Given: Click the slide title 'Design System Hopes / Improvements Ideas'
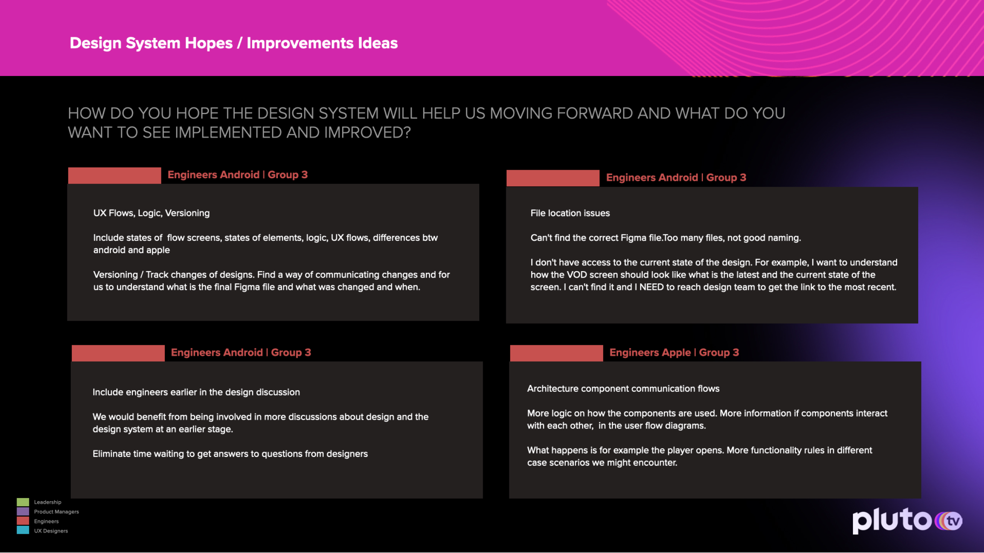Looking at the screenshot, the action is [234, 43].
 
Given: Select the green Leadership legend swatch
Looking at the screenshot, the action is [23, 502].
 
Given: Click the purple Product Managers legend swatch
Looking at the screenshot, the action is [23, 512].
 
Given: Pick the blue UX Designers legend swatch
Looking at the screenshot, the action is [23, 530].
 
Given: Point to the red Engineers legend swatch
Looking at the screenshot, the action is [23, 521].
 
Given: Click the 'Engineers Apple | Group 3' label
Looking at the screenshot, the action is [674, 353].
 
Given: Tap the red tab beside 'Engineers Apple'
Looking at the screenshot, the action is [557, 353].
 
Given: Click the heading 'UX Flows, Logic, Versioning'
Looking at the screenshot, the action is [151, 213].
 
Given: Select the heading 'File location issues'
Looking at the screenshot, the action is [570, 213].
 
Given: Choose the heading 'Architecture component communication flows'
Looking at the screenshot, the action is [623, 389].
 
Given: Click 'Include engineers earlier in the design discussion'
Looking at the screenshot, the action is [196, 392].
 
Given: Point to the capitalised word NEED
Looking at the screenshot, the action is [652, 287].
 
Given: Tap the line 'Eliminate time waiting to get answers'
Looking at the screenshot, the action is [230, 454].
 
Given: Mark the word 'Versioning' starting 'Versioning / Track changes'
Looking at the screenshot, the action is [115, 275].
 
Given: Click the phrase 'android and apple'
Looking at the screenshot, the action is [131, 250].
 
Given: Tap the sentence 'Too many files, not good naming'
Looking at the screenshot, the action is [732, 238].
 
